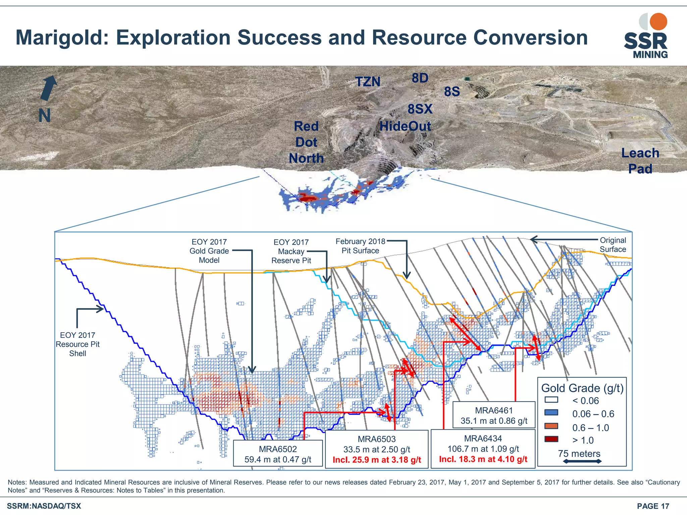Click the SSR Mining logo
click(x=646, y=36)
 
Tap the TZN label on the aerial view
click(x=368, y=82)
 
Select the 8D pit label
click(x=420, y=78)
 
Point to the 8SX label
click(x=420, y=109)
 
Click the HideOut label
click(x=405, y=126)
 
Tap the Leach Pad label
click(x=640, y=161)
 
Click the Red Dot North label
click(x=306, y=142)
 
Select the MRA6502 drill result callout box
click(x=278, y=454)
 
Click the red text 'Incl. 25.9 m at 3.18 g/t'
click(x=377, y=460)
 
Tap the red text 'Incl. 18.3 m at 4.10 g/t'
click(x=483, y=459)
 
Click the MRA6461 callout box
click(x=494, y=415)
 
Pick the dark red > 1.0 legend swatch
click(x=551, y=439)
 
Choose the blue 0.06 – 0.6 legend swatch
click(x=551, y=413)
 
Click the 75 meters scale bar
click(x=582, y=461)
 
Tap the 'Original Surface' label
click(x=613, y=245)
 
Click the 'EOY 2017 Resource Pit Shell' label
click(x=77, y=344)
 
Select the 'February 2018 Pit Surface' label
click(x=360, y=246)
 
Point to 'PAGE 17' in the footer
click(x=653, y=506)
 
